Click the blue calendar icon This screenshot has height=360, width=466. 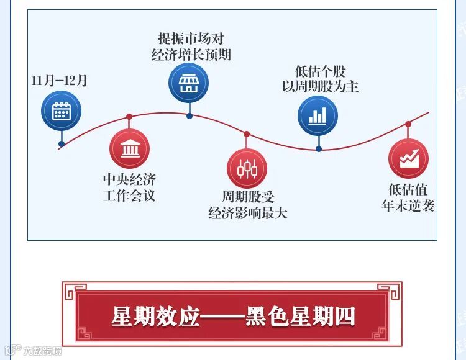point(61,111)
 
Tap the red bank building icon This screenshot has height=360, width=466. point(129,149)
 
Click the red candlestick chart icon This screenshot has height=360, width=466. point(247,168)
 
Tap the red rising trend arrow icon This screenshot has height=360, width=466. point(408,158)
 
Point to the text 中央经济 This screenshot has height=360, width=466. point(129,180)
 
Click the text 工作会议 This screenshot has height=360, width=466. point(129,196)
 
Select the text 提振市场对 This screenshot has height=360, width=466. point(191,38)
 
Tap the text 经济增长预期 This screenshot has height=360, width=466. point(191,55)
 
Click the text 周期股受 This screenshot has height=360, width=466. point(247,197)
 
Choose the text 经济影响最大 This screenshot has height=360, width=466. point(247,214)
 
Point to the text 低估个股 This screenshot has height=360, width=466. point(320,70)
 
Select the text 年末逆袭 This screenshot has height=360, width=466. point(408,206)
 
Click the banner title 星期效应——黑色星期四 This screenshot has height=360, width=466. point(233,316)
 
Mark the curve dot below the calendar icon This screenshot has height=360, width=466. point(61,144)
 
